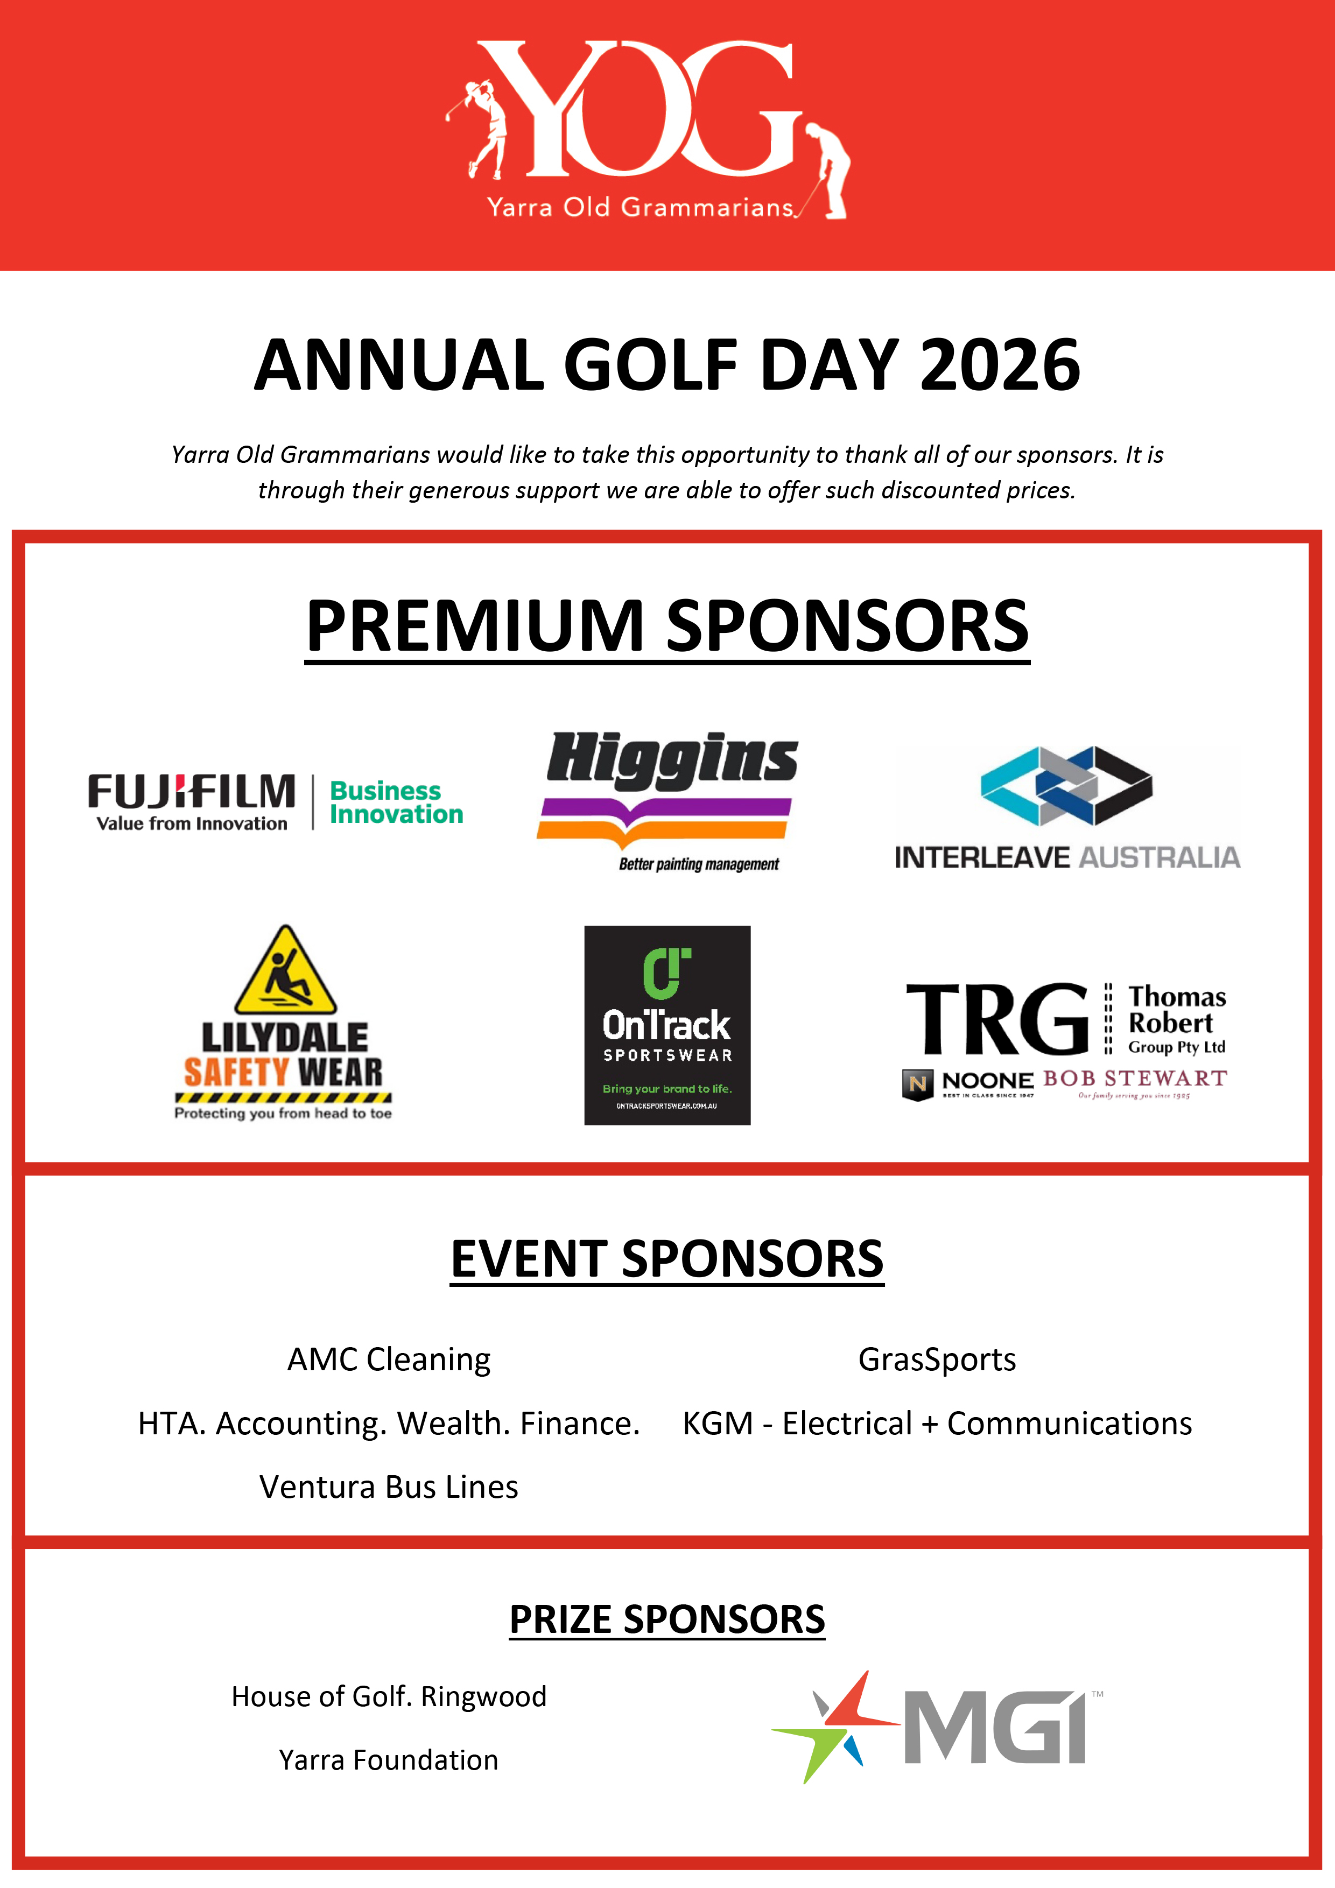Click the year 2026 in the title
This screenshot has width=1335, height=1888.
(1000, 366)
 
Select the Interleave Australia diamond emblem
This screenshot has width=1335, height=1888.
(1067, 786)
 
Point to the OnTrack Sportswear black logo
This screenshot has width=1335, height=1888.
(667, 1025)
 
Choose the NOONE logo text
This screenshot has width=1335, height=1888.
(987, 1081)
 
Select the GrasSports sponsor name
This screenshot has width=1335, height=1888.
(937, 1360)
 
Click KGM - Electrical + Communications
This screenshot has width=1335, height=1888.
(937, 1424)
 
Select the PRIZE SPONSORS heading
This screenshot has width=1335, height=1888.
(667, 1619)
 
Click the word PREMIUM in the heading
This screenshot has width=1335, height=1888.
(475, 626)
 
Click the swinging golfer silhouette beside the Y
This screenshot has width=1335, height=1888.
(483, 128)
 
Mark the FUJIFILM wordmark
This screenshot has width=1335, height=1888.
(192, 792)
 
